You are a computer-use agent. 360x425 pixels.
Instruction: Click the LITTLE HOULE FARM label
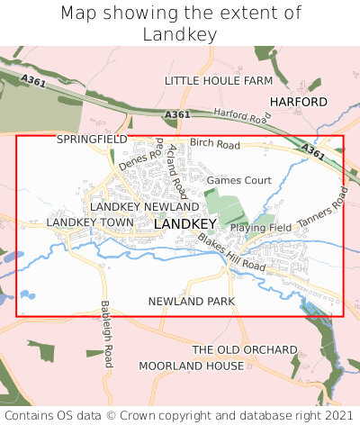(x=218, y=81)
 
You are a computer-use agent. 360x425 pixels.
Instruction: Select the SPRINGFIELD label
(x=92, y=140)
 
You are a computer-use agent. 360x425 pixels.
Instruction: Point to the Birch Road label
(x=215, y=145)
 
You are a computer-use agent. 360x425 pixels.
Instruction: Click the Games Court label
(x=239, y=180)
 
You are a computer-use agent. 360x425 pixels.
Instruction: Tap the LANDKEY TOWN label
(x=89, y=222)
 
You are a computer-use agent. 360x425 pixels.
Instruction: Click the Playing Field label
(x=261, y=228)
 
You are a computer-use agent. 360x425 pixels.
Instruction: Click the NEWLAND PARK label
(x=192, y=301)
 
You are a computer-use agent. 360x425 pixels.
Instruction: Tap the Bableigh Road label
(x=106, y=334)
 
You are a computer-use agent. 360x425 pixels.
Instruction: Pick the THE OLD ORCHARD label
(x=245, y=349)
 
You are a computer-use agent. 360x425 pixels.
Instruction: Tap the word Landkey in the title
(x=180, y=34)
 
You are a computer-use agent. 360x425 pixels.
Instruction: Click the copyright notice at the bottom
(x=180, y=415)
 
